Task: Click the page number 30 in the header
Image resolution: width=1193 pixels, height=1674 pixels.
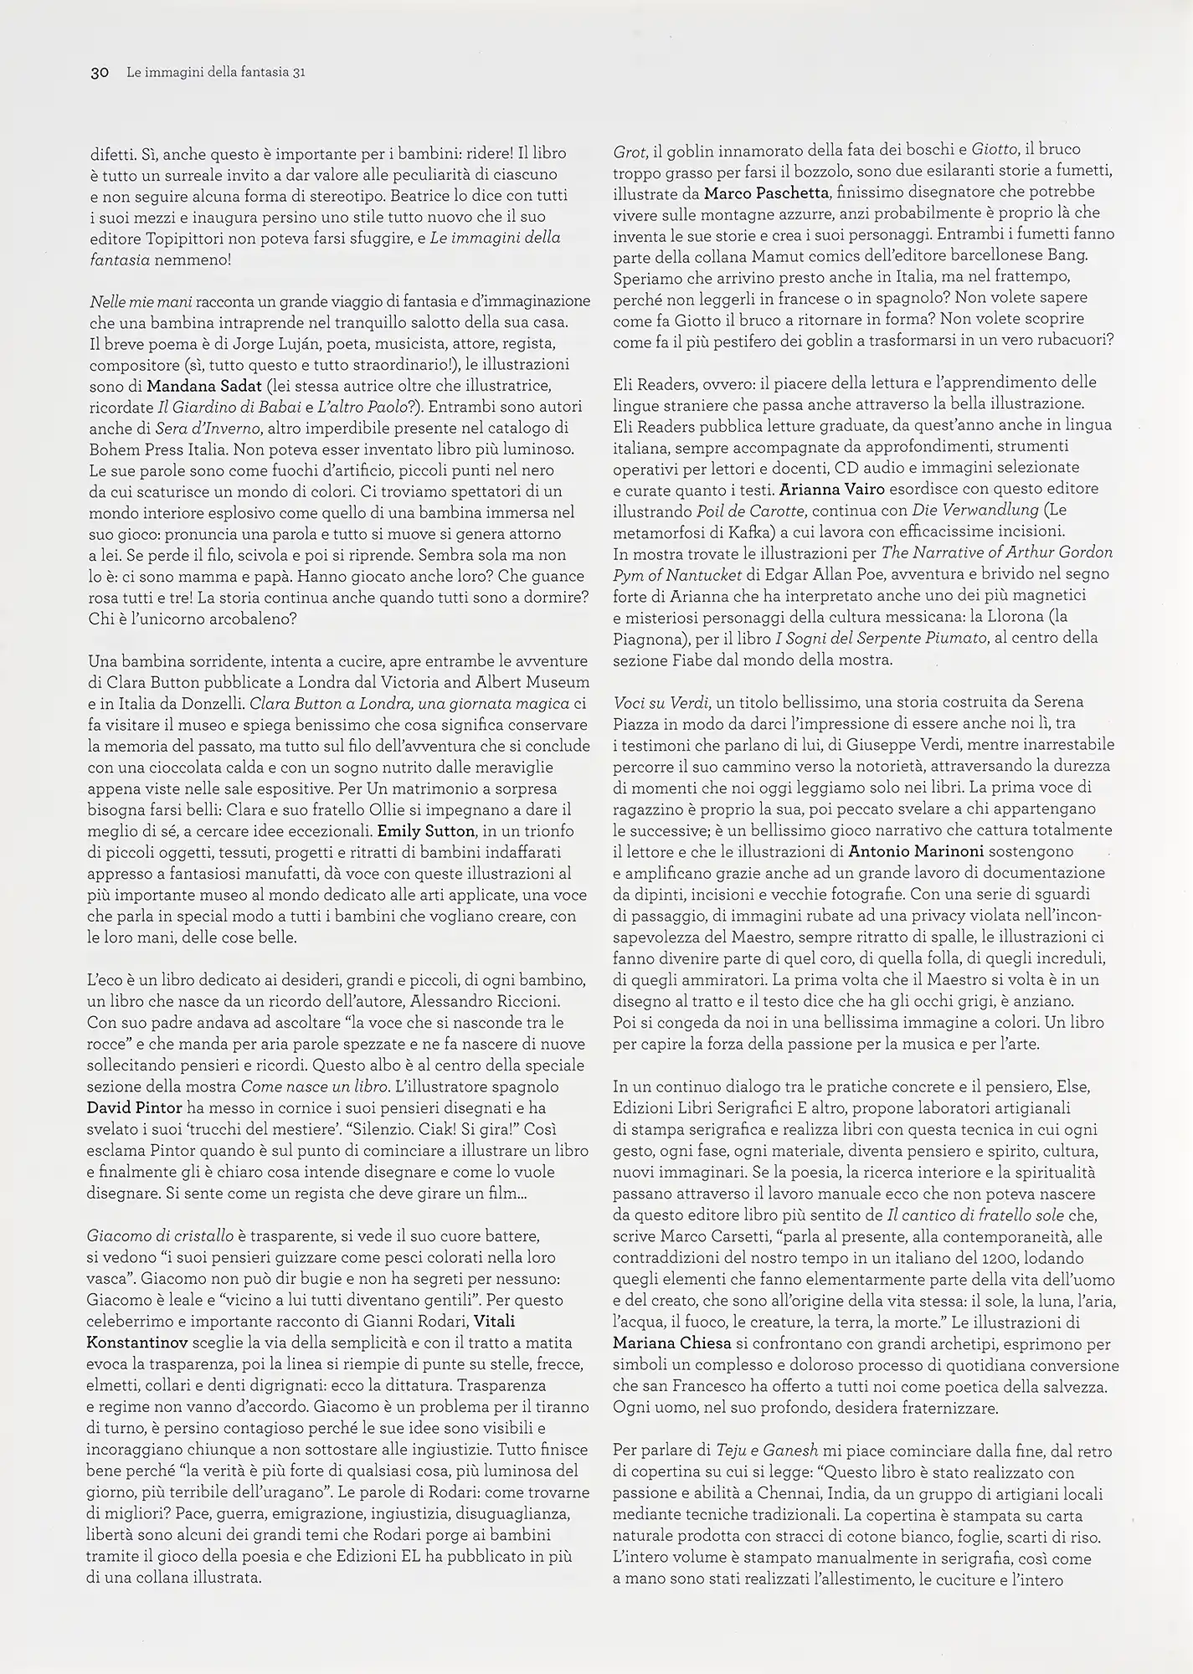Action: pos(100,73)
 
